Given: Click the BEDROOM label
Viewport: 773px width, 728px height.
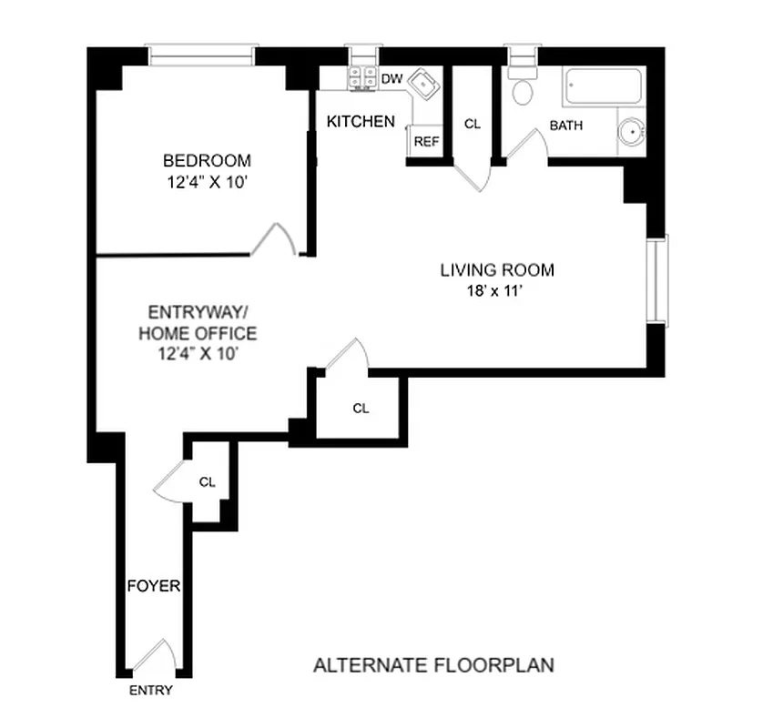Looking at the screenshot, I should [x=208, y=160].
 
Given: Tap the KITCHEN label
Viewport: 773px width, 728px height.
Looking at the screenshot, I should [x=361, y=121].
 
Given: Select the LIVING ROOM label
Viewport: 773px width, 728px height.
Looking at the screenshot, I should [x=497, y=270].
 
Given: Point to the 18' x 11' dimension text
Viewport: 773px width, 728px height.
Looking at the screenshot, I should [x=497, y=291].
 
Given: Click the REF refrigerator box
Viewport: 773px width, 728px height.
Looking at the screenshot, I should [x=426, y=142].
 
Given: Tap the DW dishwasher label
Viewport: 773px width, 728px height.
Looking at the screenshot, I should [x=392, y=79].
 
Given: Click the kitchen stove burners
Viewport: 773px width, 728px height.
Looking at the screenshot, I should [x=362, y=78].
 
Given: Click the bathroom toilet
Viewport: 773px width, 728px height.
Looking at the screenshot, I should [x=524, y=89].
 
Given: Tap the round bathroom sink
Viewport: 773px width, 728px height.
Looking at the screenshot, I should [x=630, y=134].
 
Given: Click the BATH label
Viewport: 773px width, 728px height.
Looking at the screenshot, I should [x=565, y=126].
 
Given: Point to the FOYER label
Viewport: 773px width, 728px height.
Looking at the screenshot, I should [x=153, y=586].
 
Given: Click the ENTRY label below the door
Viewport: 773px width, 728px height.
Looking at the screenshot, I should [x=150, y=691].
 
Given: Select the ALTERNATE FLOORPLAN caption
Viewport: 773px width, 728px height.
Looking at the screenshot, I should [x=433, y=665].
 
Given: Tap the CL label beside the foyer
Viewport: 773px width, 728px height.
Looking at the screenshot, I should [x=208, y=482].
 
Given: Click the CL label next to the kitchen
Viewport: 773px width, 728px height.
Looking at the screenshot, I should [x=472, y=124].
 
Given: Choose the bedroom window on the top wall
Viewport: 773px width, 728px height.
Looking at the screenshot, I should [x=201, y=56].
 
